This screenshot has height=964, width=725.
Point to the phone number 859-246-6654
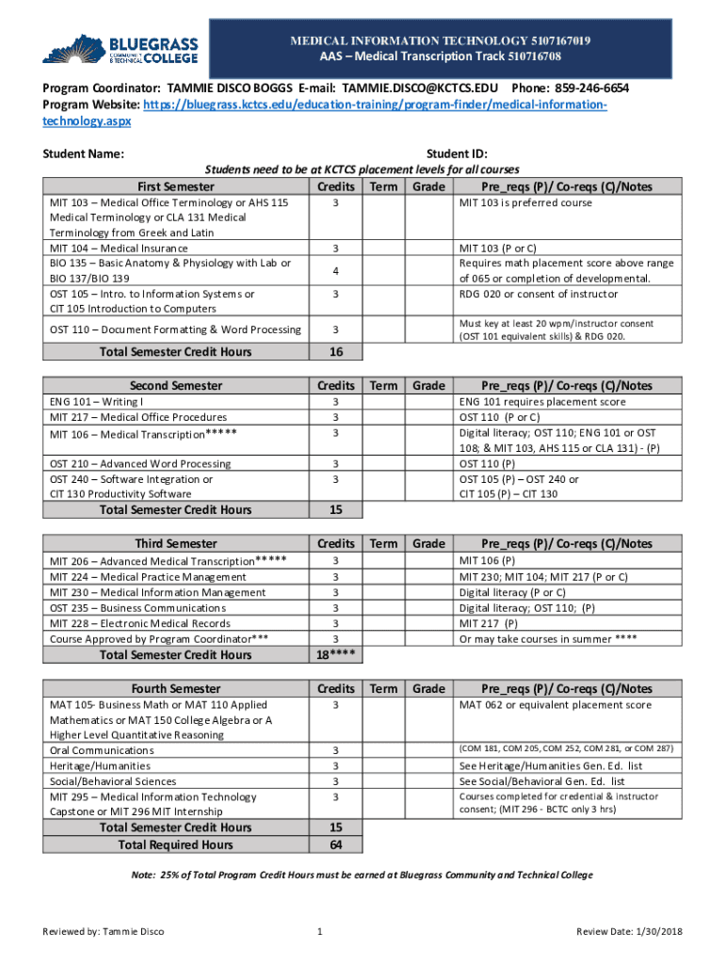pos(590,88)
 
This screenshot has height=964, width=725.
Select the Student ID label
pos(457,154)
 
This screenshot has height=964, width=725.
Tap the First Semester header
pos(175,186)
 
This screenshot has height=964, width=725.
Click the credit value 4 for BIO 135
pos(335,271)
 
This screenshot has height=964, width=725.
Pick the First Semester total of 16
pos(335,352)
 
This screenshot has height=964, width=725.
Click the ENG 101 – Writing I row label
pos(97,402)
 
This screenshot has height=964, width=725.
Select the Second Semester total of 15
pos(335,510)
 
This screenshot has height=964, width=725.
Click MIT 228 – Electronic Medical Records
pos(139,623)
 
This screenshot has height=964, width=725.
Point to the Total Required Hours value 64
pos(335,845)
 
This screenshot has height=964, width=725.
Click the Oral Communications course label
pos(102,750)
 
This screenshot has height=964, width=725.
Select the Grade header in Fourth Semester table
pos(428,689)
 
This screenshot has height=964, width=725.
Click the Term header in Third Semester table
pos(383,544)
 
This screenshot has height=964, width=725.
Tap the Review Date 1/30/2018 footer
pos(629,932)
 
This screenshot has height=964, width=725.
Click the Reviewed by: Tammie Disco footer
pos(104,932)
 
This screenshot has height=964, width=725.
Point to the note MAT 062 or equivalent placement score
pos(555,705)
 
